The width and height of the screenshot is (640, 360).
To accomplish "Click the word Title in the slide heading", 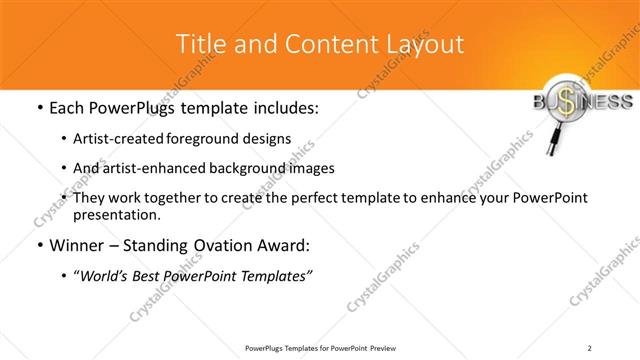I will tap(198, 44).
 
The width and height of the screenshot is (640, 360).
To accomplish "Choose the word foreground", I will tap(203, 138).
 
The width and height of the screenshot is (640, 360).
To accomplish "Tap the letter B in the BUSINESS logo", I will tap(527, 102).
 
